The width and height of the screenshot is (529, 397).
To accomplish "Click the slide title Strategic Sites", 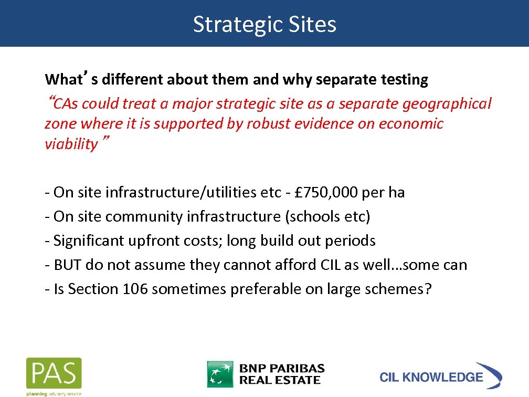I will click(264, 24).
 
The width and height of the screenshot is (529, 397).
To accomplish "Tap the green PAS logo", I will click(54, 373).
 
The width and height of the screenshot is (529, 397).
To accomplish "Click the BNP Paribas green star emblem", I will click(220, 374).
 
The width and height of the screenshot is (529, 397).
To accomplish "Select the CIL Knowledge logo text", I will click(431, 377).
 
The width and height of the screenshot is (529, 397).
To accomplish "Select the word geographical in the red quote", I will click(447, 104).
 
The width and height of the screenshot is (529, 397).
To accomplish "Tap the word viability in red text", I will click(71, 144).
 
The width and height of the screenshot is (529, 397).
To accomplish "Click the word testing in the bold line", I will click(404, 80).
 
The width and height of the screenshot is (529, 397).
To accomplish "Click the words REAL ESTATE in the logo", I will click(280, 380).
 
